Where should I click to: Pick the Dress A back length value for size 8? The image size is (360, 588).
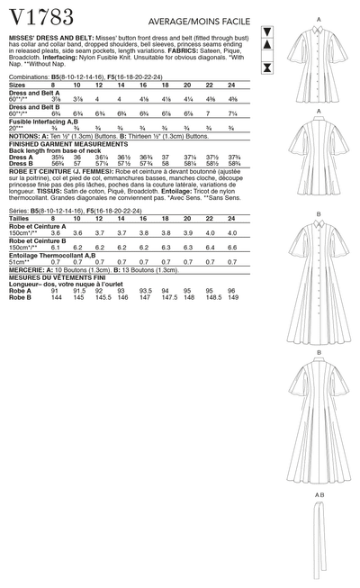[x=58, y=155]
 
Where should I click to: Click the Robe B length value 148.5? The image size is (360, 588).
[x=211, y=295]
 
